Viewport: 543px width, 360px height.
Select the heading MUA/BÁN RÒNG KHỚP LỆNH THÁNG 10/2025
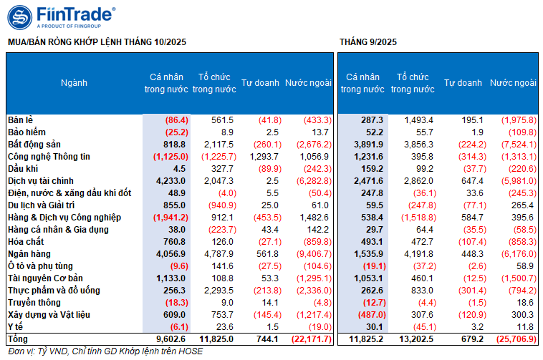[97, 42]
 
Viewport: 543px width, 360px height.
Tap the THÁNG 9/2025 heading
[368, 42]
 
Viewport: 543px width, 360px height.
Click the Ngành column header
[74, 83]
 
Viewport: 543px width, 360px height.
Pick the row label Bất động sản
[34, 144]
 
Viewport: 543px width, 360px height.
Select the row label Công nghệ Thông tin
[49, 156]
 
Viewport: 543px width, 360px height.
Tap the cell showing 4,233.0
[171, 180]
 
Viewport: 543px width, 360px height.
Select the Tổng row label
[18, 339]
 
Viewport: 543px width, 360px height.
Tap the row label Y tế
[16, 326]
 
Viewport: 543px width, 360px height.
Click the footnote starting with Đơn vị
[105, 351]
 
